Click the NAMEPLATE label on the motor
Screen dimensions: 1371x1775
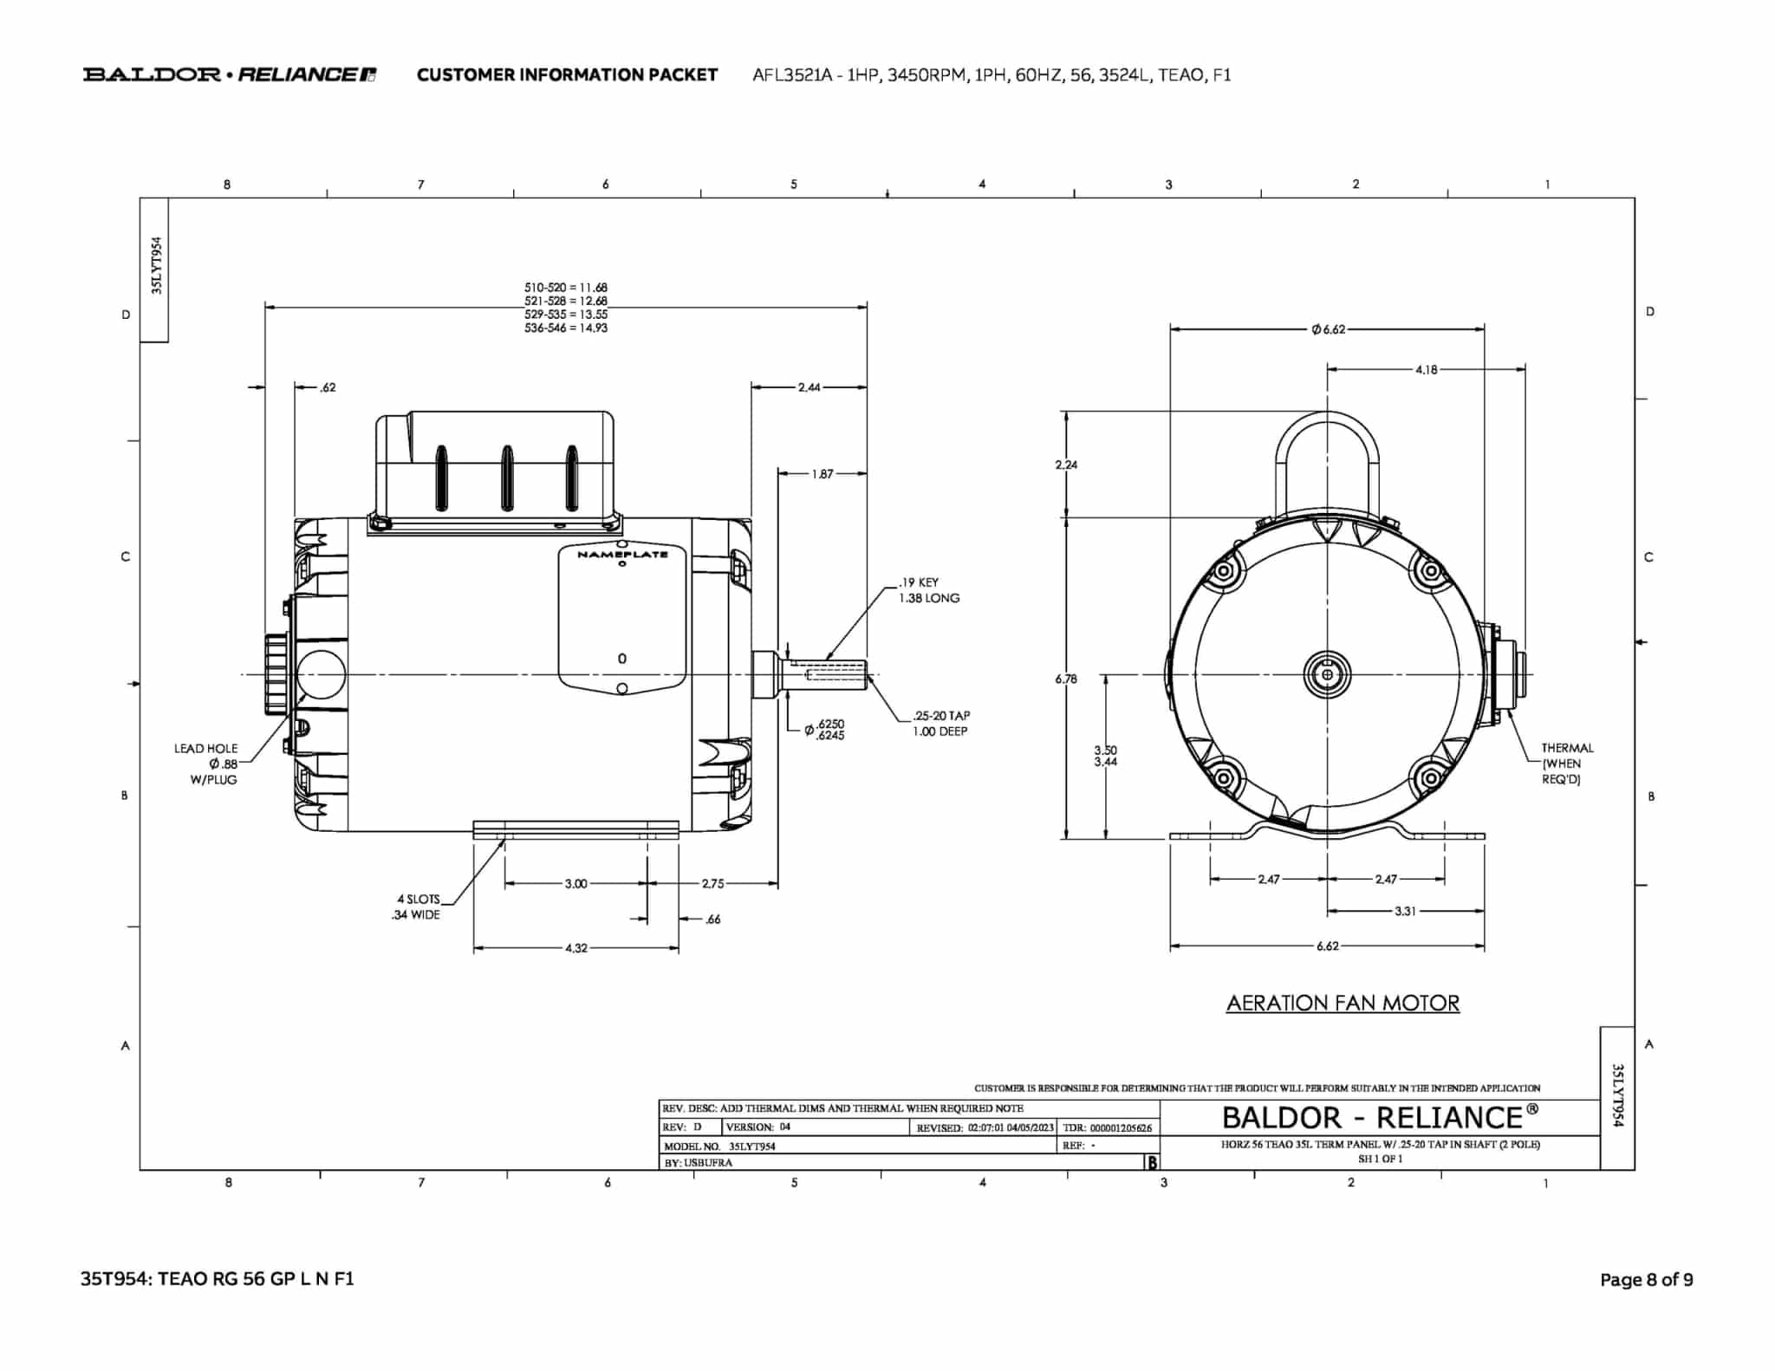(x=622, y=555)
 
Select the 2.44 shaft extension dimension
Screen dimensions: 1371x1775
(x=809, y=387)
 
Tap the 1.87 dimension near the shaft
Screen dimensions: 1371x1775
(x=822, y=474)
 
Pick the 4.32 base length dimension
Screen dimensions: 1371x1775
(x=575, y=948)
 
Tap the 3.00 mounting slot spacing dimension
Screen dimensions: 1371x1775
(x=575, y=884)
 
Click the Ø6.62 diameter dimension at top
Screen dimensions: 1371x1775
(x=1328, y=329)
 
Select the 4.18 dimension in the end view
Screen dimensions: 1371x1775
(x=1426, y=370)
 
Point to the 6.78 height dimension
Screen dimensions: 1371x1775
(x=1066, y=679)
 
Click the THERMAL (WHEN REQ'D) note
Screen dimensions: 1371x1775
(x=1566, y=763)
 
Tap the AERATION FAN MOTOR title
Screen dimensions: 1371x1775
(x=1343, y=1003)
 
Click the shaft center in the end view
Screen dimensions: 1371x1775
(x=1327, y=673)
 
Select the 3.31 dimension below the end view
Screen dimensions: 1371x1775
(x=1405, y=911)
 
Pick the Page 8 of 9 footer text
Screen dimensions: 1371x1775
(x=1646, y=1279)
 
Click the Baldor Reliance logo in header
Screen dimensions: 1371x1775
(x=229, y=75)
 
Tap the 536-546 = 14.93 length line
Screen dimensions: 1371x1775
(x=565, y=328)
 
